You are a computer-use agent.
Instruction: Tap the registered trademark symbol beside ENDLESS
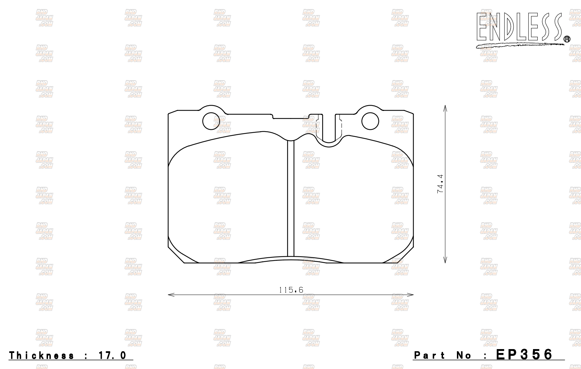click(x=567, y=39)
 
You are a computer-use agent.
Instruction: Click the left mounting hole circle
click(x=211, y=121)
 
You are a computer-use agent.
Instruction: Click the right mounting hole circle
click(x=370, y=121)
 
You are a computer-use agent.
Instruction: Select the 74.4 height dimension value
click(x=440, y=184)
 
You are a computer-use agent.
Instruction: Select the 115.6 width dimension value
click(x=291, y=290)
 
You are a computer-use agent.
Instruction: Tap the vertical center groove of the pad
click(x=291, y=199)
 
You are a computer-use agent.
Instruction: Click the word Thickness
click(x=42, y=355)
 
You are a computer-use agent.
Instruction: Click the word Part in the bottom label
click(x=429, y=355)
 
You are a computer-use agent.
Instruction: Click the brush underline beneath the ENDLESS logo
click(x=519, y=45)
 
